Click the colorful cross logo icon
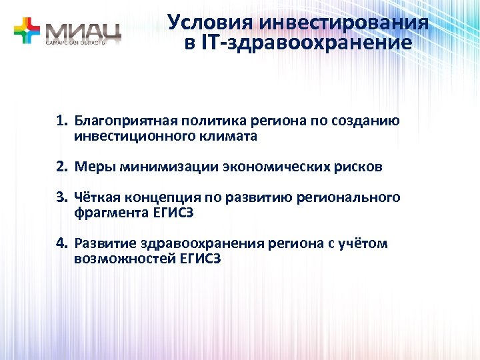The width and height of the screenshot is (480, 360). (27, 31)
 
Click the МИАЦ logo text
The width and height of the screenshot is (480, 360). (84, 29)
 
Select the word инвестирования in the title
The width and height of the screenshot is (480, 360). (343, 23)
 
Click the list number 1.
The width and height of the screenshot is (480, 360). (61, 121)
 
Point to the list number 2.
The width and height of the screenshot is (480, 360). (62, 167)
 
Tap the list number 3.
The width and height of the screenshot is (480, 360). (62, 197)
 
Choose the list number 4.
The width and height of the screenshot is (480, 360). (62, 243)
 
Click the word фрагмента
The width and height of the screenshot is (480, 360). (105, 212)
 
